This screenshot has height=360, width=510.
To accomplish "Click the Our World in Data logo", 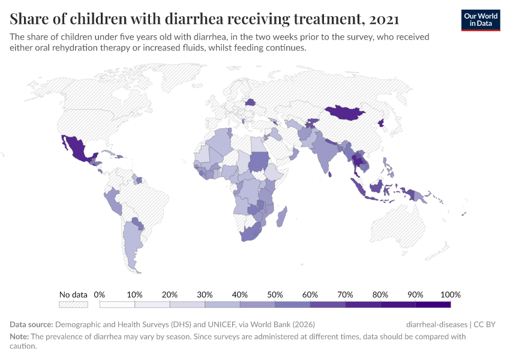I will pyautogui.click(x=480, y=20).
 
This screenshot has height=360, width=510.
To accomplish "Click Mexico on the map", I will pyautogui.click(x=77, y=148).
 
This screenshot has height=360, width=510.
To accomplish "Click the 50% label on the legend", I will pyautogui.click(x=275, y=295).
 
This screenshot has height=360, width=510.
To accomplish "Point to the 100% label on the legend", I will pyautogui.click(x=450, y=295).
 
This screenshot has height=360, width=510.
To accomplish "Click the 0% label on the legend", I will pyautogui.click(x=100, y=295).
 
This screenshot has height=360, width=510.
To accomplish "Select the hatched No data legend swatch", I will pyautogui.click(x=73, y=304).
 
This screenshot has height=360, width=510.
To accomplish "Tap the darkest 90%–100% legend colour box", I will pyautogui.click(x=433, y=304).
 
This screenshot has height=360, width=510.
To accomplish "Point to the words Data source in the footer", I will pyautogui.click(x=31, y=325).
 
